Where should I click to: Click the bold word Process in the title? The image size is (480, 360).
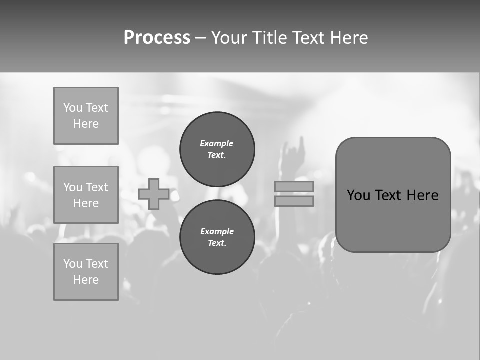click(157, 38)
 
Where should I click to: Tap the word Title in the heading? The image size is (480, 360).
click(269, 38)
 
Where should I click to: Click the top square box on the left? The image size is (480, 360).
click(86, 116)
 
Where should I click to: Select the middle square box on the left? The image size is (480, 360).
click(86, 195)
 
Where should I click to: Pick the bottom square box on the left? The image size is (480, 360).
click(86, 272)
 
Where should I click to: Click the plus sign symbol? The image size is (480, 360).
click(154, 194)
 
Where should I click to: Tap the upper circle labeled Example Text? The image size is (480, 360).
click(217, 149)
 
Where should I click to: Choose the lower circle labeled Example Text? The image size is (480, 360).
click(217, 237)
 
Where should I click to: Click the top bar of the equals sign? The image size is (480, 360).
click(294, 186)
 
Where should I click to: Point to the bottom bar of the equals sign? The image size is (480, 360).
click(294, 201)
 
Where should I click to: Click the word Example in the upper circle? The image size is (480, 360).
click(217, 143)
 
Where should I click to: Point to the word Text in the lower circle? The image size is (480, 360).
click(217, 243)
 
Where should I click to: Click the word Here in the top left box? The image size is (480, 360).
click(86, 124)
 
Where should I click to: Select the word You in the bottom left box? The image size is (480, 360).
click(73, 264)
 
